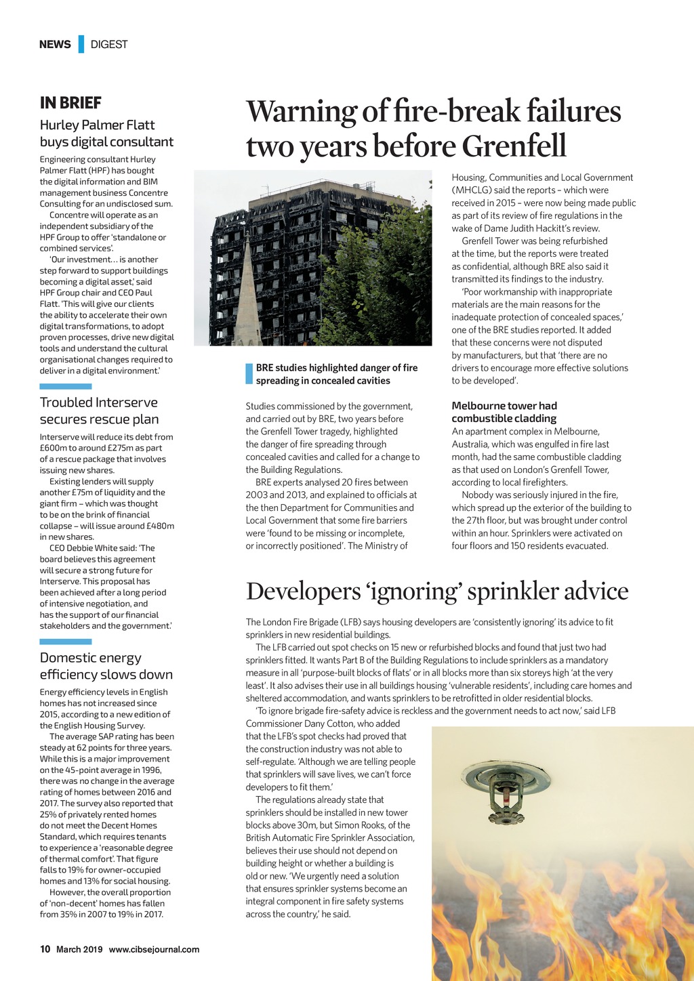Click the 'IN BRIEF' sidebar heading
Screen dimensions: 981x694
[70, 103]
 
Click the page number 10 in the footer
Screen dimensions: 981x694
[45, 949]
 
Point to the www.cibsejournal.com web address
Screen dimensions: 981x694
[154, 949]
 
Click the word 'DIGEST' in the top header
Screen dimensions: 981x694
[109, 45]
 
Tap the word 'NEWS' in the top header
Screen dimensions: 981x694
[55, 45]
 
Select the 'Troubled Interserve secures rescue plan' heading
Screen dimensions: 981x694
[99, 411]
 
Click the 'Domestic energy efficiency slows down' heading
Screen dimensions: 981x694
[106, 666]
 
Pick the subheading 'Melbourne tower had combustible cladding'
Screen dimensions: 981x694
[504, 412]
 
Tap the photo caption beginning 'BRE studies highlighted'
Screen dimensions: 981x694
[336, 374]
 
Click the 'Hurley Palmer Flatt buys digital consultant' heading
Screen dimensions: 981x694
[106, 133]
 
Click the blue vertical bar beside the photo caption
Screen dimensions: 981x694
[249, 374]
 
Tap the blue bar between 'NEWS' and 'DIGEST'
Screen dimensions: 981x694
[81, 44]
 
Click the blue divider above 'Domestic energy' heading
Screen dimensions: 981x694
[65, 642]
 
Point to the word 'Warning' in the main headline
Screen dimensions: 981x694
[301, 111]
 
